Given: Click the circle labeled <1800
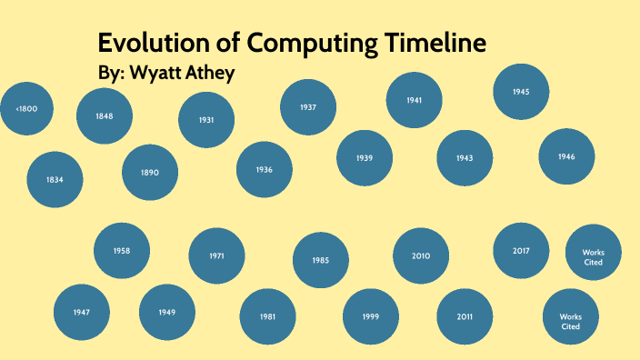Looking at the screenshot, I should [x=26, y=109].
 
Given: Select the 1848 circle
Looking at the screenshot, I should [x=105, y=116].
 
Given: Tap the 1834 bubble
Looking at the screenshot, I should [x=55, y=179].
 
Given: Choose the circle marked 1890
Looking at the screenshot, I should [x=150, y=172].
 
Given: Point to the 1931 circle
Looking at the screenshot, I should [x=206, y=120].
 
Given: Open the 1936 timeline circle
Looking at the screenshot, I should [x=265, y=169].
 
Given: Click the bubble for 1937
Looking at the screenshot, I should [x=308, y=107].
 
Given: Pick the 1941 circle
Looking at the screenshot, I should [x=415, y=100].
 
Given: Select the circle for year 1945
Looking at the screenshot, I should [x=521, y=92].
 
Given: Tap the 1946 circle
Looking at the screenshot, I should [x=566, y=156].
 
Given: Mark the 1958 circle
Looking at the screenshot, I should [x=122, y=250].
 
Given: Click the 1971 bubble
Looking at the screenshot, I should [x=216, y=255].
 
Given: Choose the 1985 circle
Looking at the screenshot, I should [x=320, y=260].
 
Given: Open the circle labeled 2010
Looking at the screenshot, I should [x=421, y=255].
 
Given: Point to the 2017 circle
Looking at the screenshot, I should [x=521, y=250].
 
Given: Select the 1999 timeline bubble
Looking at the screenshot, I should [x=370, y=316].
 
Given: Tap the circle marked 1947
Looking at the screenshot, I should [x=82, y=312].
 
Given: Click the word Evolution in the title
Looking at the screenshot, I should [x=153, y=43].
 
